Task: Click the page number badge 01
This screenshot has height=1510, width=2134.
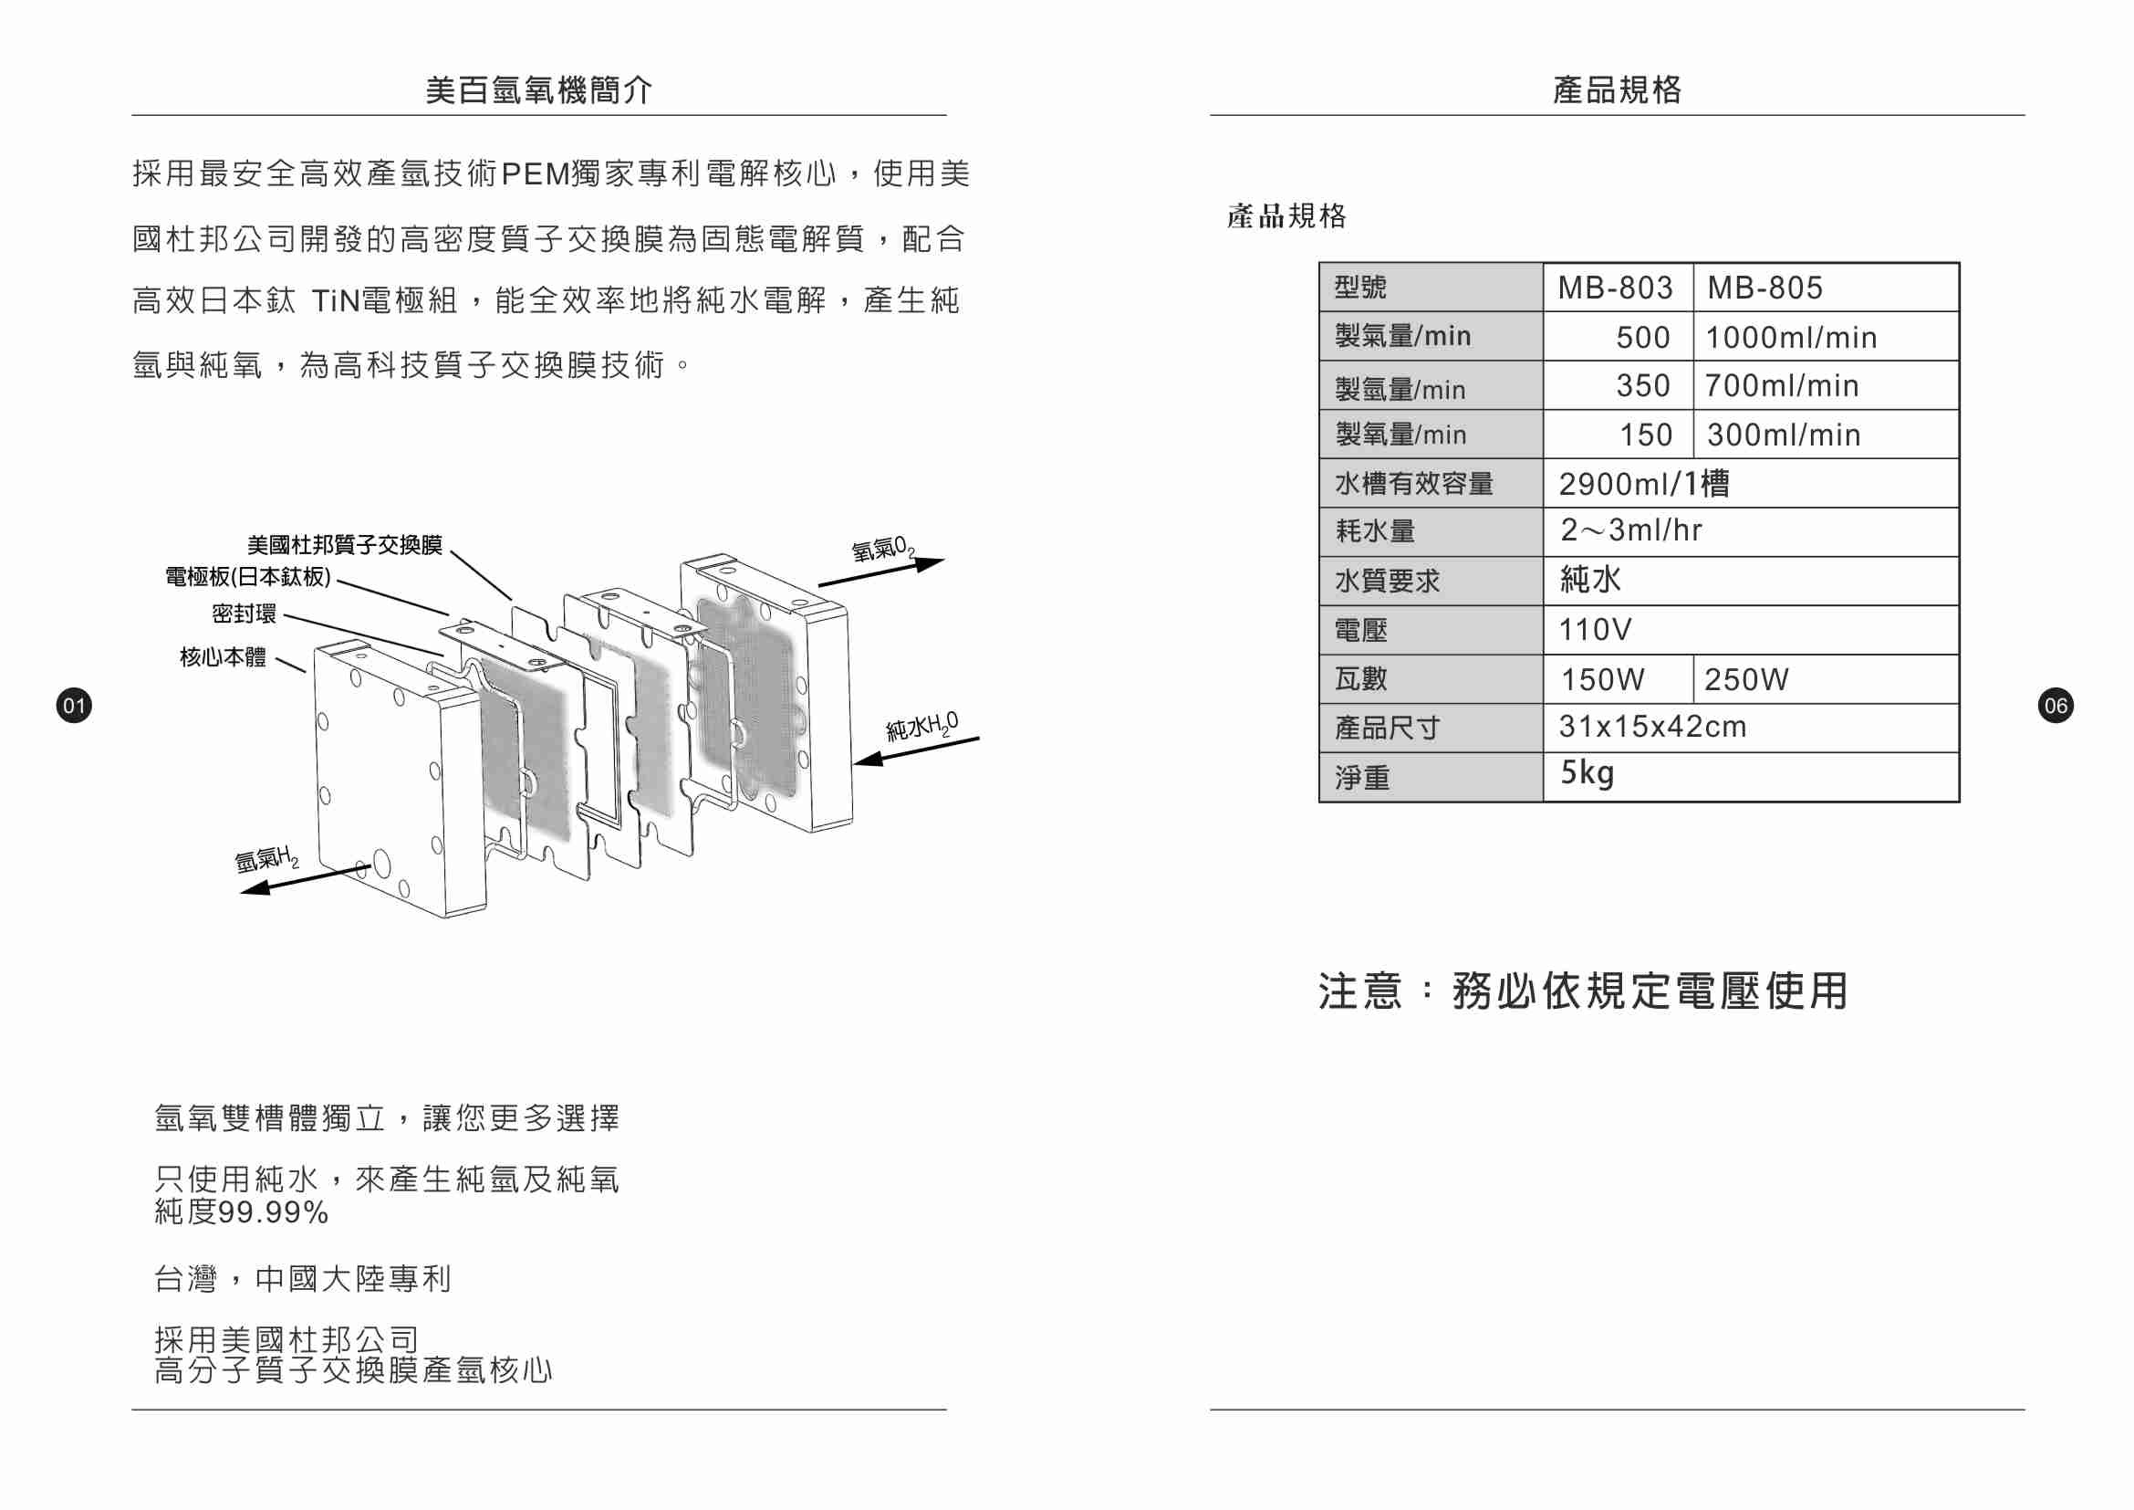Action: [x=74, y=706]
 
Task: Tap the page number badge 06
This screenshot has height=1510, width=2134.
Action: [x=2055, y=706]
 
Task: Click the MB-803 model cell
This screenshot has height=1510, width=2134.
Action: [x=1616, y=288]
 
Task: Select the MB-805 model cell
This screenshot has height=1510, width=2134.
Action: [x=1765, y=288]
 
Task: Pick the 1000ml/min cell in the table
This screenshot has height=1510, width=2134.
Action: [x=1791, y=338]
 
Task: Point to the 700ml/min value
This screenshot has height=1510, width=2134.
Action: [x=1782, y=386]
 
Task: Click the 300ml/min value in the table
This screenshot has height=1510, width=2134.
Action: [x=1784, y=435]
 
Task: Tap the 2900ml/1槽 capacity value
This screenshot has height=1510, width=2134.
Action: [x=1643, y=485]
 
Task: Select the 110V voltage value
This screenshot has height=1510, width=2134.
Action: [x=1595, y=631]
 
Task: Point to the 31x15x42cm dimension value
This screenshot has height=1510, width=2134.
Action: [x=1652, y=727]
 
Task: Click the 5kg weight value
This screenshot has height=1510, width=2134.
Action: [x=1587, y=772]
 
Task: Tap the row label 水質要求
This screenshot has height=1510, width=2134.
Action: [x=1387, y=582]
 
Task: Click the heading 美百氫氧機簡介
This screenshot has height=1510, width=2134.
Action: [x=539, y=90]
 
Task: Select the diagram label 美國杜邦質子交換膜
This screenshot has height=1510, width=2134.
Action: [x=345, y=545]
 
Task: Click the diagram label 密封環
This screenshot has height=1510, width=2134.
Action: [x=244, y=613]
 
